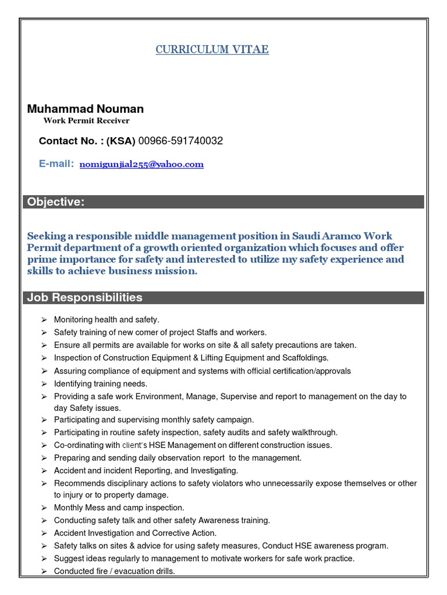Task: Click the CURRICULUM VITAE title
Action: (212, 49)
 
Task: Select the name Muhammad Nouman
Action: (86, 109)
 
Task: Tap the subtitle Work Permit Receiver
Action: (86, 121)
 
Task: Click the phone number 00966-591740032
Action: (180, 141)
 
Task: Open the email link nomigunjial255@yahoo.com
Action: (141, 164)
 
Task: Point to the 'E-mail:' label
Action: (56, 164)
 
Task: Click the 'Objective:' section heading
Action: (54, 202)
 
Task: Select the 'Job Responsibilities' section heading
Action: (84, 297)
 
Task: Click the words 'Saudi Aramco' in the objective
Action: (327, 236)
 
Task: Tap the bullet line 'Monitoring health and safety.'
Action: (107, 320)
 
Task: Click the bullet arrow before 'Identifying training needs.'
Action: (44, 384)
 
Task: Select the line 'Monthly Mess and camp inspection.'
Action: (119, 508)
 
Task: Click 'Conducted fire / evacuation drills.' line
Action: (114, 571)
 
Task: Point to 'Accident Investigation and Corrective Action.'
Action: (135, 533)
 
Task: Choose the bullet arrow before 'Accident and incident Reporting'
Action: (44, 471)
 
